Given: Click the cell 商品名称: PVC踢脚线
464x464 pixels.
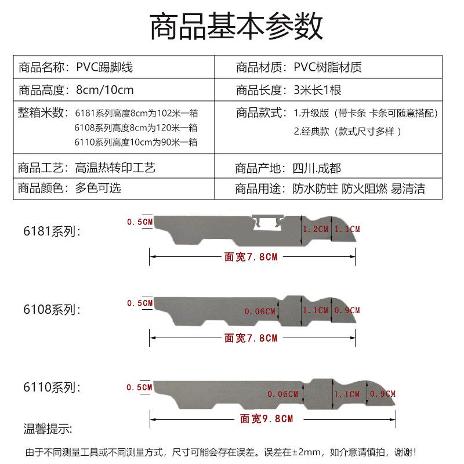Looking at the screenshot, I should coord(75,67).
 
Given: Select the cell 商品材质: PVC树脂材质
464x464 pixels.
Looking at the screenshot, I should coord(299,67).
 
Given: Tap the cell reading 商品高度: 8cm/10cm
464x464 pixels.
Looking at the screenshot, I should coord(76,90).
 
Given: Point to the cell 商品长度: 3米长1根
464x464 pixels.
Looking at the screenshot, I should coord(289,90).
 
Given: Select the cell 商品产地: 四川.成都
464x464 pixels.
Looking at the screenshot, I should coord(288,169).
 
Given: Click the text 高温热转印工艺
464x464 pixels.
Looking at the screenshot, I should coord(115,169).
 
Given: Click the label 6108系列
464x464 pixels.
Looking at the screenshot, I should coord(52,310).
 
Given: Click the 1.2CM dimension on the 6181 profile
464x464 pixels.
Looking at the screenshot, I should coord(316,229).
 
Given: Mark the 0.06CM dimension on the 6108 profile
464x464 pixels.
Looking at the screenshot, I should coord(260,311).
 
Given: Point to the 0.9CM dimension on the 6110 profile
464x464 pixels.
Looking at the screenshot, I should coord(383,394).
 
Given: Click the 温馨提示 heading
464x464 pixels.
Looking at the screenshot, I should coord(48,429).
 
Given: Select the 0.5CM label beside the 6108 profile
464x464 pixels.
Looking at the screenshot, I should coord(140,303).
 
